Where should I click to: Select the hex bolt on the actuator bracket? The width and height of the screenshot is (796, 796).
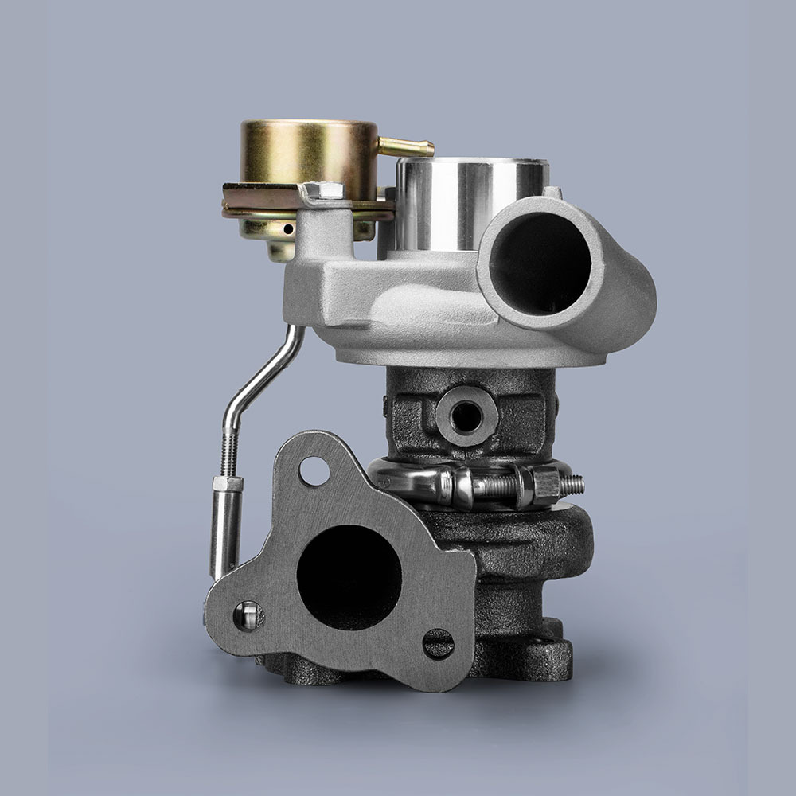pyautogui.click(x=323, y=192)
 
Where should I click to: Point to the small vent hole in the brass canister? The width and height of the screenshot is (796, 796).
pyautogui.click(x=287, y=230)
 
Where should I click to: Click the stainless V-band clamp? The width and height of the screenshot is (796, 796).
pyautogui.click(x=414, y=481)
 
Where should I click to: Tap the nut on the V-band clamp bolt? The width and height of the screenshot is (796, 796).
pyautogui.click(x=546, y=482)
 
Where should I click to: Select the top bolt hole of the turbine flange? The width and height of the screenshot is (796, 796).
pyautogui.click(x=314, y=471)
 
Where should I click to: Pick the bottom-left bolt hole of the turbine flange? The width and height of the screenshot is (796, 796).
pyautogui.click(x=248, y=615)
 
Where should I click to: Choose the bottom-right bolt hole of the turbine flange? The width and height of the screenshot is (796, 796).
pyautogui.click(x=438, y=643)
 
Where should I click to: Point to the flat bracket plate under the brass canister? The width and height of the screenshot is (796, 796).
pyautogui.click(x=263, y=199)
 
